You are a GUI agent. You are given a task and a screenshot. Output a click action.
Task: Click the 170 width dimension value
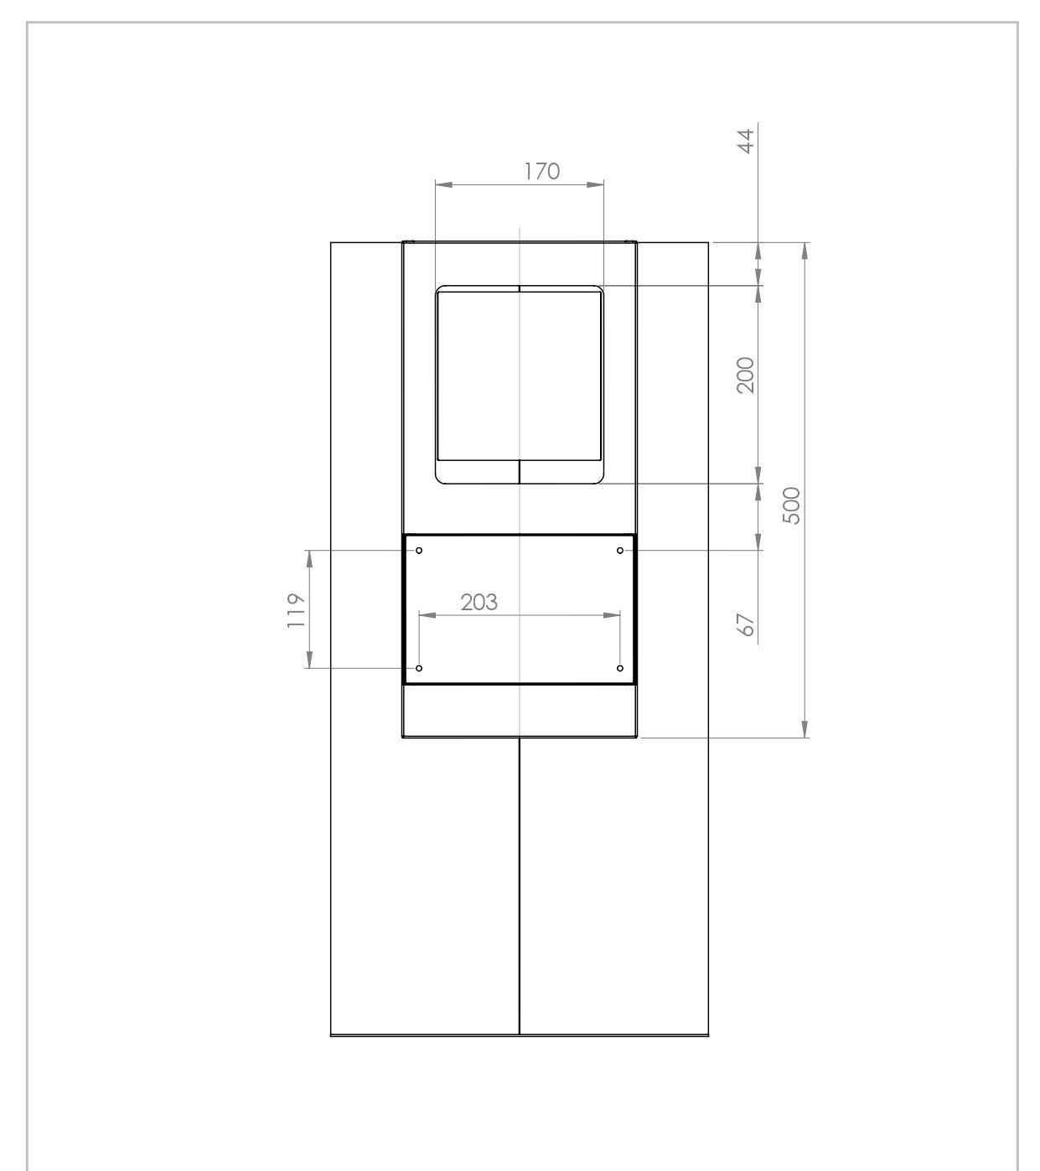(541, 172)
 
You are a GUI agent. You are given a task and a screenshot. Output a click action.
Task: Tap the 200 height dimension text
(746, 375)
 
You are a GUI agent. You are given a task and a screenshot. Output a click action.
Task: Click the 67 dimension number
(746, 624)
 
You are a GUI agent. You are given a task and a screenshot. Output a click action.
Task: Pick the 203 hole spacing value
(479, 602)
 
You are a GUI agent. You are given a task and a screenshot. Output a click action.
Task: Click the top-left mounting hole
(419, 551)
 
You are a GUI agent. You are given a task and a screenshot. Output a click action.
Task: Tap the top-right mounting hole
(620, 551)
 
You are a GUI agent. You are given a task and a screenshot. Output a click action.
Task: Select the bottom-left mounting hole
(419, 668)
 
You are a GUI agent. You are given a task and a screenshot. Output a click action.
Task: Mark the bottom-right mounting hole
(620, 668)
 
